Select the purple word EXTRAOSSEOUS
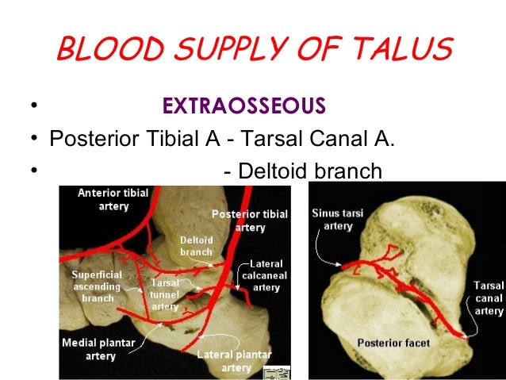pyautogui.click(x=243, y=106)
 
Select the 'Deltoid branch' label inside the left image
pyautogui.click(x=196, y=244)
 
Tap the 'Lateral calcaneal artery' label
pyautogui.click(x=263, y=276)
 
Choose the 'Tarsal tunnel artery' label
pyautogui.click(x=164, y=294)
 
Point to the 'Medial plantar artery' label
pyautogui.click(x=97, y=348)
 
